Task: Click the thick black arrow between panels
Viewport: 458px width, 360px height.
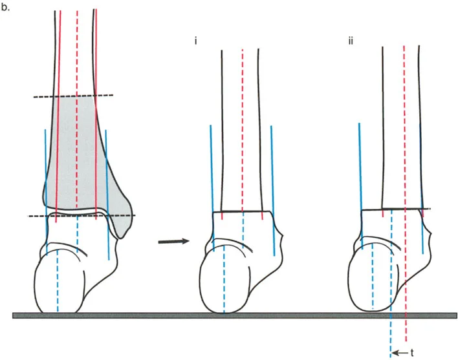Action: click(173, 242)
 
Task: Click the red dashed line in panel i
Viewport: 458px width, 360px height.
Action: click(242, 129)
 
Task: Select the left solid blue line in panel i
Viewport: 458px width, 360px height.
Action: click(211, 168)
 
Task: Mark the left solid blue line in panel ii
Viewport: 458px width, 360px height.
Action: click(359, 168)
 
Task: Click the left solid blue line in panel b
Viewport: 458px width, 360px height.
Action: click(45, 168)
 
